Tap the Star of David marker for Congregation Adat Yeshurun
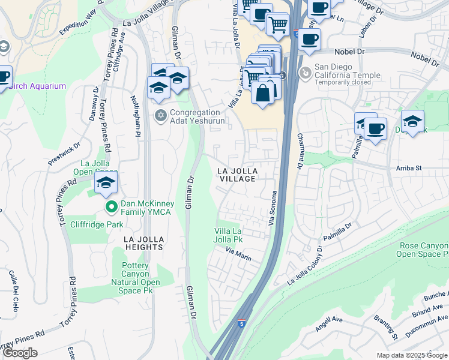pos(160,115)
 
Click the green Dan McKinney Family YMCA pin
pos(111,207)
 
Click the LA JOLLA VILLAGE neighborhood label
pos(237,175)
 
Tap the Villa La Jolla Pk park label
pos(229,235)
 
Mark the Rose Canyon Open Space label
pos(423,250)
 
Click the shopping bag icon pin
pos(263,93)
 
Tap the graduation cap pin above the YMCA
pos(106,183)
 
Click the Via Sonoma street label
pos(273,206)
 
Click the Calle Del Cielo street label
pos(14,290)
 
